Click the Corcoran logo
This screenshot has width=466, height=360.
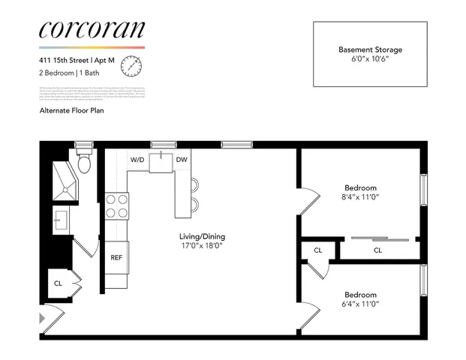coord(91,29)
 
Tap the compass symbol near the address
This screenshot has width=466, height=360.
coord(132,66)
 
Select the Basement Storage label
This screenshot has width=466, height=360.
coord(370,49)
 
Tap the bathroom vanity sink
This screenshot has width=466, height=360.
coord(62,220)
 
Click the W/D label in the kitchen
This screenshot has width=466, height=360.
coord(138,160)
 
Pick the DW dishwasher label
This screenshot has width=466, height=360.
coord(182,160)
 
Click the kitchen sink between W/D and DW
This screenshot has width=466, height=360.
coord(160,161)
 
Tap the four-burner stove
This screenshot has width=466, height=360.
coord(116,205)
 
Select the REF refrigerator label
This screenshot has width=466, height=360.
coord(116,257)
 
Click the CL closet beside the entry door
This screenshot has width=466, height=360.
coord(58,283)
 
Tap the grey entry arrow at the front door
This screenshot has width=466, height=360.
coord(42,318)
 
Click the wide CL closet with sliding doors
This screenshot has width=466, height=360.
coord(377,250)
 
